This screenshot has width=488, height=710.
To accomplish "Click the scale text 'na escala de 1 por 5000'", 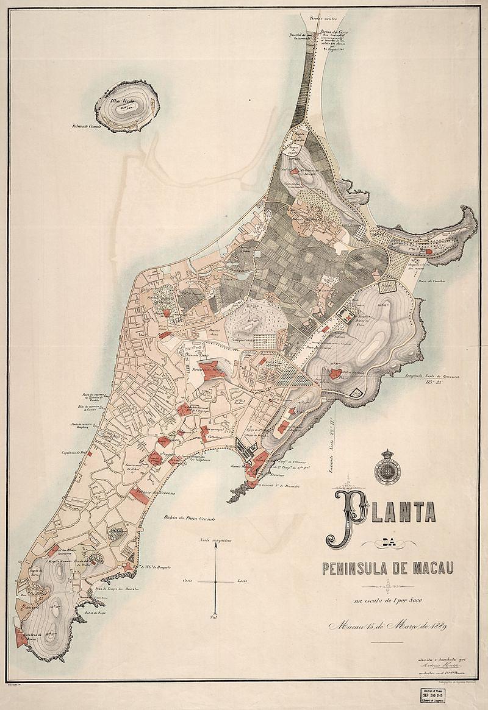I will [x=388, y=602].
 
